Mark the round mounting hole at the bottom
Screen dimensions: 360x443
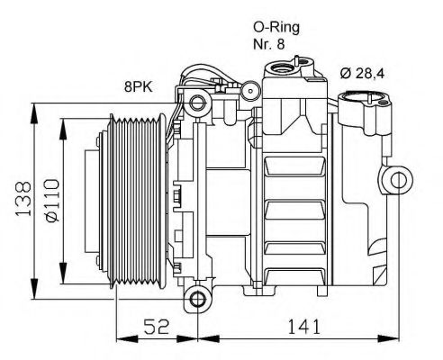pyautogui.click(x=198, y=298)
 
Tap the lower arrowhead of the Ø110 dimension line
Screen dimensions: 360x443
pyautogui.click(x=61, y=278)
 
